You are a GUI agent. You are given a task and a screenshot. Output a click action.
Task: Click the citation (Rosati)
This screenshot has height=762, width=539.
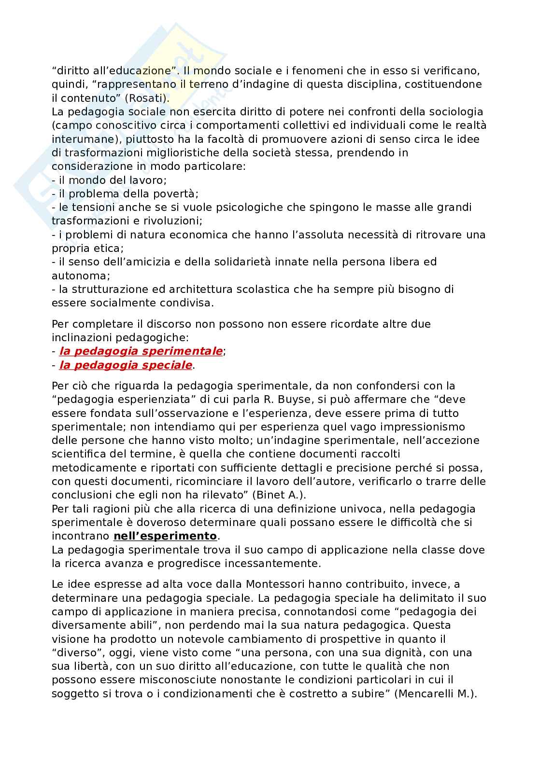coord(145,98)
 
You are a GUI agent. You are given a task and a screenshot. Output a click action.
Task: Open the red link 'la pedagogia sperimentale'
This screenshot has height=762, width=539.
coord(141,351)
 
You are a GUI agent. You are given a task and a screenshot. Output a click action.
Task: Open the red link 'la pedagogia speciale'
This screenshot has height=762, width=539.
coord(126,365)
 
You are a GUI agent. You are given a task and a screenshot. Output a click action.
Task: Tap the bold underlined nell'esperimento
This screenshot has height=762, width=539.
coord(165,536)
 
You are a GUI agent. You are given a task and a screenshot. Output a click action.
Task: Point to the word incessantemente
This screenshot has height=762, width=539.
coord(271,564)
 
